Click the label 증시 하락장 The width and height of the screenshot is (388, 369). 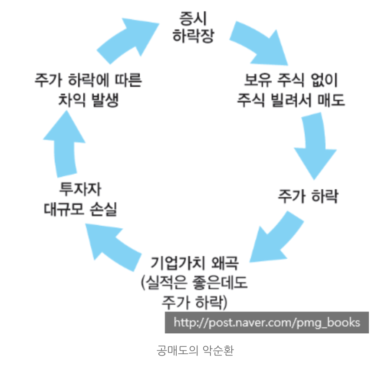193,27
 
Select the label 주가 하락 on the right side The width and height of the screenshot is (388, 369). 308,197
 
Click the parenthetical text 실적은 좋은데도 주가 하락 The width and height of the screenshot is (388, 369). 194,293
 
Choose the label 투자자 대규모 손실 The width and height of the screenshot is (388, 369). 81,200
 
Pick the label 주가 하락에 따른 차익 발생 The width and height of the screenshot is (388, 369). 88,90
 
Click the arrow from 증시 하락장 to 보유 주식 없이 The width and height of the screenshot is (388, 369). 260,41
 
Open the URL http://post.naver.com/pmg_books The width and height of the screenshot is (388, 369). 266,323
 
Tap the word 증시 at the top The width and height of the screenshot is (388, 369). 193,18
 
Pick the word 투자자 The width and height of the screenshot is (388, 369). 82,190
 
